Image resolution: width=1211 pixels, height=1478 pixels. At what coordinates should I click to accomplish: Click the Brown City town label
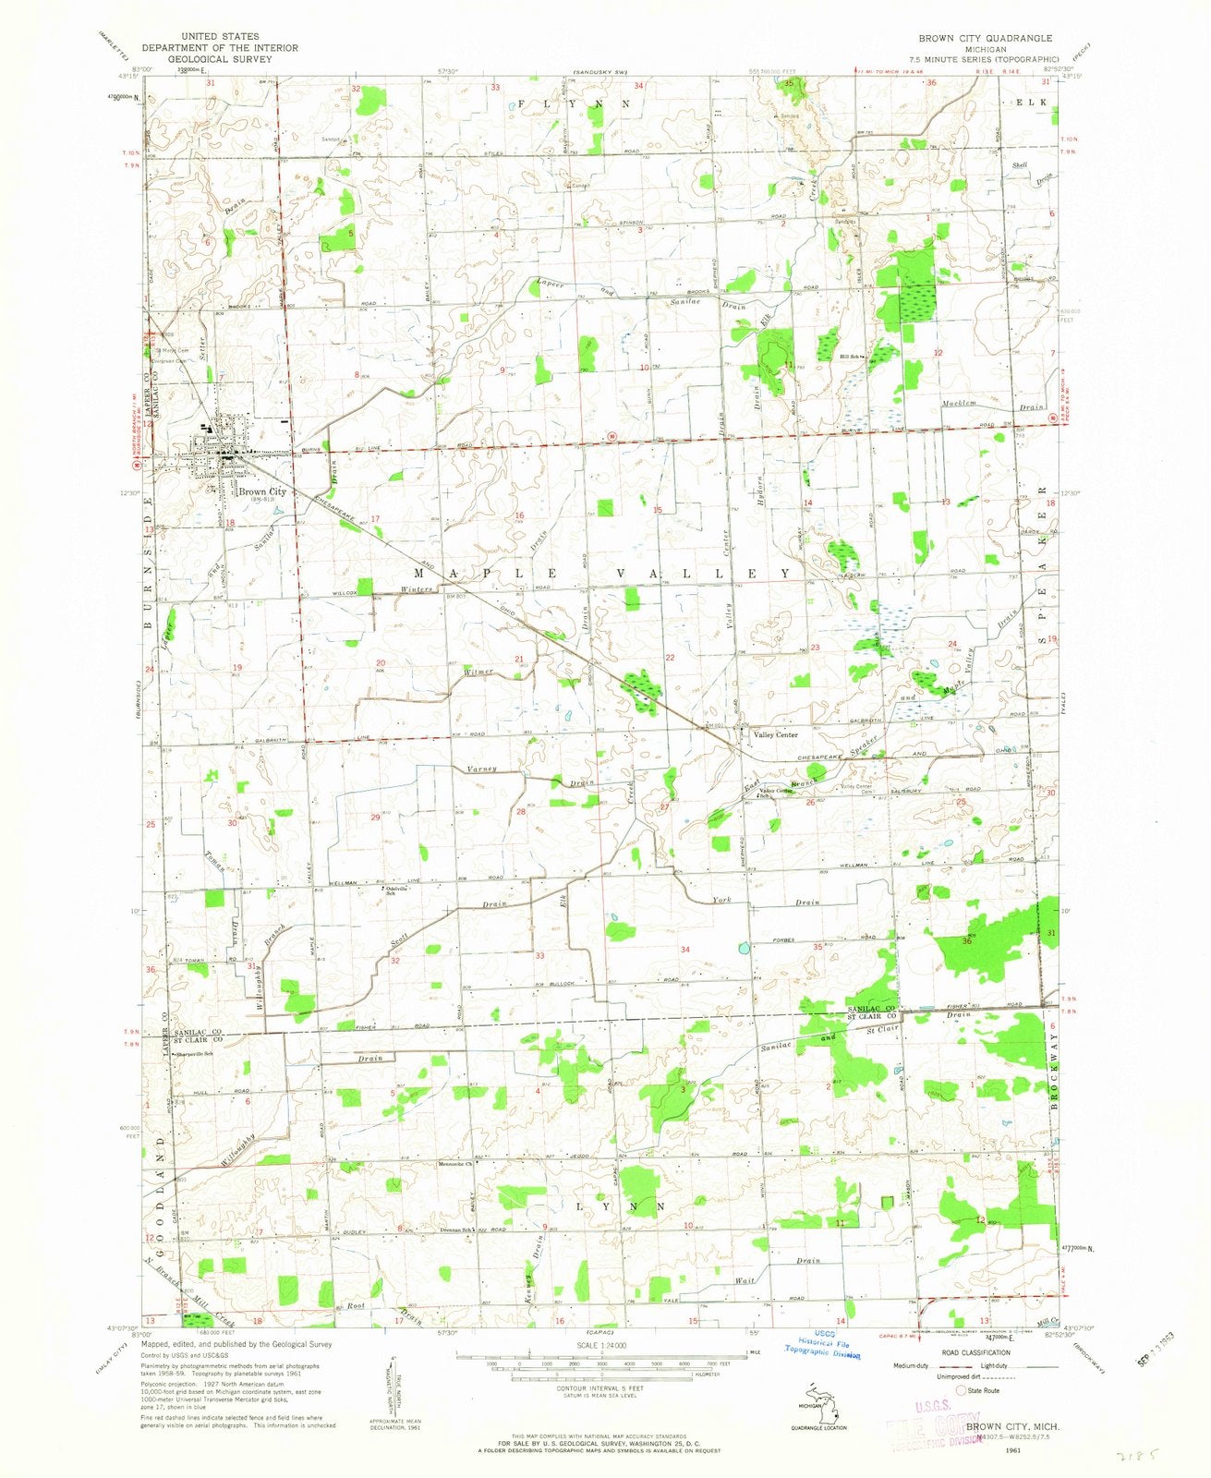261,491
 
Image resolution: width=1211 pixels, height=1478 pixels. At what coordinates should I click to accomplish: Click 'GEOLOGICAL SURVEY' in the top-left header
219,59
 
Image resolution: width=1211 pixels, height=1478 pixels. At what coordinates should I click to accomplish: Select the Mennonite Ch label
455,1163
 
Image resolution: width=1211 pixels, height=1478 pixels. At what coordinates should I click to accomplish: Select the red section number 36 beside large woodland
966,941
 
